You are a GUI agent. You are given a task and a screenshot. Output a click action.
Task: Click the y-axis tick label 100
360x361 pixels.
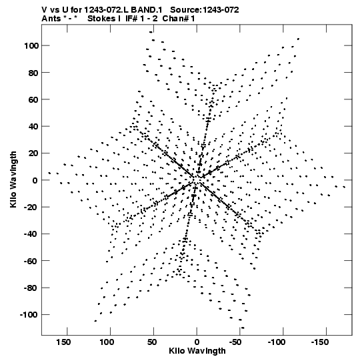(x=31, y=46)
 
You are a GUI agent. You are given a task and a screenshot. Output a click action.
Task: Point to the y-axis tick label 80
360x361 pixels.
(x=33, y=73)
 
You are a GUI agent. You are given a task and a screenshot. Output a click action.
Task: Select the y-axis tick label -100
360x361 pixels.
(x=29, y=315)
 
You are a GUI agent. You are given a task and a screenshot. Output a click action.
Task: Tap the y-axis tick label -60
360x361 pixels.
(x=31, y=261)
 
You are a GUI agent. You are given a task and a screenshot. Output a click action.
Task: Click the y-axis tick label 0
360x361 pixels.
(x=35, y=180)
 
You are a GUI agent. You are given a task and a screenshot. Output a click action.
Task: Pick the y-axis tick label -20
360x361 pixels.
(x=31, y=208)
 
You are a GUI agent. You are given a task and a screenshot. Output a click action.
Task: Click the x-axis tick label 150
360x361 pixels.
(x=63, y=342)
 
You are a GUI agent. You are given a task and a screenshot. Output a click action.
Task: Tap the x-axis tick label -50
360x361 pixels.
(x=236, y=342)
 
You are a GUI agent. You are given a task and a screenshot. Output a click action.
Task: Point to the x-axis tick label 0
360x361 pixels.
(x=197, y=342)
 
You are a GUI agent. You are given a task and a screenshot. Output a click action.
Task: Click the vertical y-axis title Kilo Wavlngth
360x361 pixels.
(x=13, y=179)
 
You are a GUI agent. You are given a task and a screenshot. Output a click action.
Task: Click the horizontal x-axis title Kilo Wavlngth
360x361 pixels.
(x=197, y=351)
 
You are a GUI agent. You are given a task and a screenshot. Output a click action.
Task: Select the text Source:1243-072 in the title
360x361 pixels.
(x=204, y=10)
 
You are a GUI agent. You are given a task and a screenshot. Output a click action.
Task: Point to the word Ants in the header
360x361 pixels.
(x=51, y=19)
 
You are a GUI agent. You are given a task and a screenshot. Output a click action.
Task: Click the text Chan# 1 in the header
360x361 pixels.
(x=179, y=19)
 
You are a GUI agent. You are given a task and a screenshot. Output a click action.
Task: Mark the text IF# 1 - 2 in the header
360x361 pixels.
(x=141, y=19)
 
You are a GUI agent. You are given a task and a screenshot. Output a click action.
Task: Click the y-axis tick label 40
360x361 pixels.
(x=33, y=126)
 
